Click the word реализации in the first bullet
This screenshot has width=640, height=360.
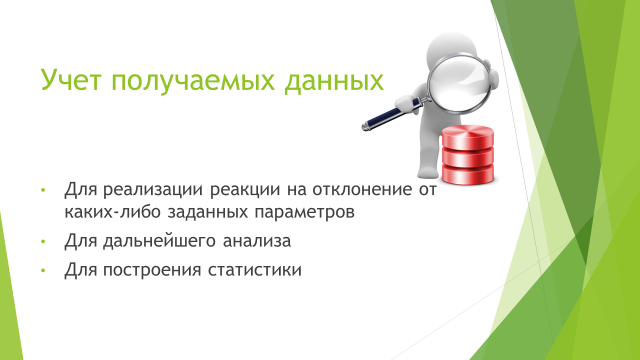pyautogui.click(x=153, y=190)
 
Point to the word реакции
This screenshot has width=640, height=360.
pyautogui.click(x=245, y=190)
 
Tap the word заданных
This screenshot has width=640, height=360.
pyautogui.click(x=207, y=213)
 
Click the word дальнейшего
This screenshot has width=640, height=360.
pyautogui.click(x=159, y=241)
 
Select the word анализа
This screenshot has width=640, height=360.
pyautogui.click(x=257, y=241)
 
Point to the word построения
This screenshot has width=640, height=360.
pyautogui.click(x=152, y=270)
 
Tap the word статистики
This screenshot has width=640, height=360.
pyautogui.click(x=254, y=270)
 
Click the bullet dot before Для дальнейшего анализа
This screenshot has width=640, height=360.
pyautogui.click(x=43, y=241)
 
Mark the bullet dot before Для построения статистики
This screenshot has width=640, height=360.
pyautogui.click(x=43, y=270)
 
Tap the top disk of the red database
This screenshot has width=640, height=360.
pyautogui.click(x=467, y=137)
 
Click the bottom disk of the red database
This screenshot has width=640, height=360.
pyautogui.click(x=467, y=174)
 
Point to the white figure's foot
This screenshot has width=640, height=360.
pyautogui.click(x=427, y=172)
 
